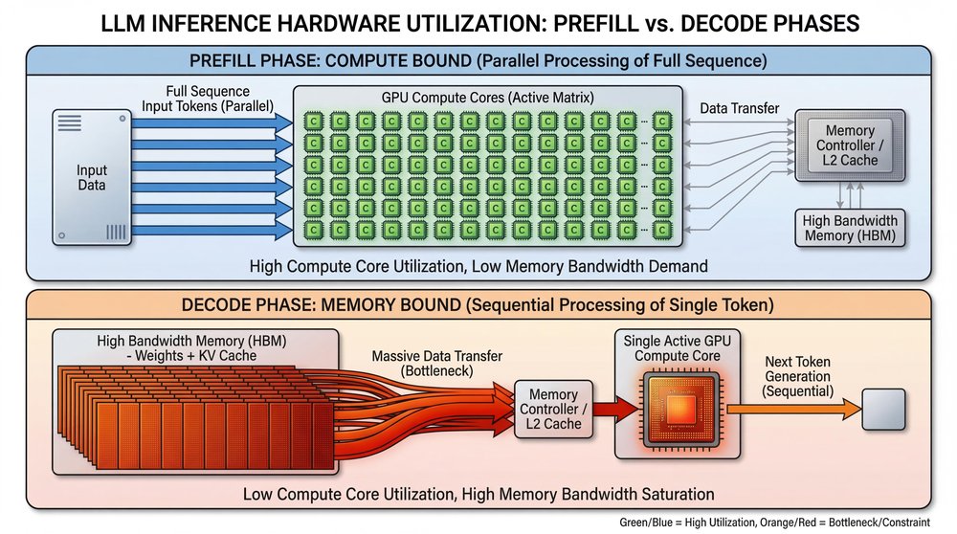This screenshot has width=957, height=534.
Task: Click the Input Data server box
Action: point(92,178)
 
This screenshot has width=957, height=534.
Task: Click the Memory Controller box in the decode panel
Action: point(553,410)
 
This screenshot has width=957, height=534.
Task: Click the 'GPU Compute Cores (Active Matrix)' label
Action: point(487,99)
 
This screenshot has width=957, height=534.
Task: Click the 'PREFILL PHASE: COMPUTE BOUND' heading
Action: point(478,61)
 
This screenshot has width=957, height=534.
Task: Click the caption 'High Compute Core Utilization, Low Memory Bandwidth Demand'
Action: point(478,266)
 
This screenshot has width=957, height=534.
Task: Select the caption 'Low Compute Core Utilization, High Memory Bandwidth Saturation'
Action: point(478,494)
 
